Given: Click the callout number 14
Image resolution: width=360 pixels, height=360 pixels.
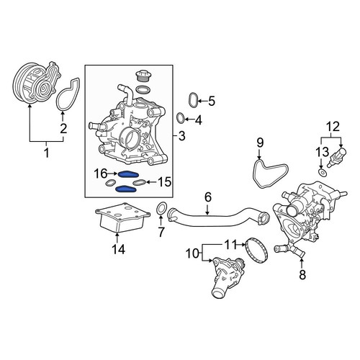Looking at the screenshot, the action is [118, 249].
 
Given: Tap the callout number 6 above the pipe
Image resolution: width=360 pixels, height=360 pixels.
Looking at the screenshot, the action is [208, 197].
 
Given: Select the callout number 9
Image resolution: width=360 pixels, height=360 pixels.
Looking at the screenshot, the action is [260, 143].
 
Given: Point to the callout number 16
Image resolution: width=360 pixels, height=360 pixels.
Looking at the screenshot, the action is [100, 174].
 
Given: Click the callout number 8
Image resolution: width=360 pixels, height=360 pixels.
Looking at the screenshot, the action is [302, 274].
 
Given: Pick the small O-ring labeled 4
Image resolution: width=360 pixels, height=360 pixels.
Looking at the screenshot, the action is [180, 118].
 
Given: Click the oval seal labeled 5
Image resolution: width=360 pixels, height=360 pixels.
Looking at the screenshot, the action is [193, 100].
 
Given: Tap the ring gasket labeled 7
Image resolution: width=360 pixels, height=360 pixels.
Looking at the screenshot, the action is [162, 209].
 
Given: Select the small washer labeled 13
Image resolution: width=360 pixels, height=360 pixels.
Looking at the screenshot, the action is [322, 172].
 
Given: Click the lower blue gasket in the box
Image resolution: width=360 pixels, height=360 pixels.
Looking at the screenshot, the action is [126, 189].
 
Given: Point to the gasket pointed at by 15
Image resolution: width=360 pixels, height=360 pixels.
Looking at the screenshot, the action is [140, 183].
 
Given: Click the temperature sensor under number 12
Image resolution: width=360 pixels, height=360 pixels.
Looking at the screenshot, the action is [338, 155].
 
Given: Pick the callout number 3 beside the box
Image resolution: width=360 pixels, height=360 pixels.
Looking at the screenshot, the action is [182, 136].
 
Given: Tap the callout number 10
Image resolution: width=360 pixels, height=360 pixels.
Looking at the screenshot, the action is [193, 253].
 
